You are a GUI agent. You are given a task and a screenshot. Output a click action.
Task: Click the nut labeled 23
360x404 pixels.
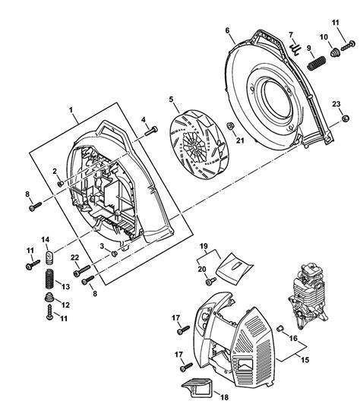tap(346, 118)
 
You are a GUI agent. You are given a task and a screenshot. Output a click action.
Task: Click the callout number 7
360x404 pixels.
tap(289, 35)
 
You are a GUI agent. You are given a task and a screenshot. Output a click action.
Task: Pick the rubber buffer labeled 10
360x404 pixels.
tap(332, 52)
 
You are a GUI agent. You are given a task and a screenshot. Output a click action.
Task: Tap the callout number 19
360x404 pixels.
tap(203, 248)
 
